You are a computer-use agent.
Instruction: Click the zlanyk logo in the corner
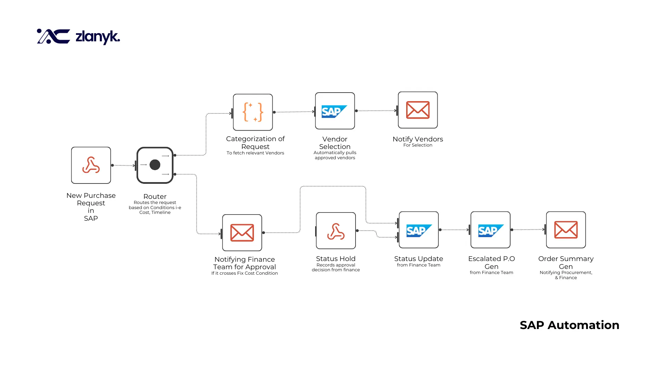point(78,37)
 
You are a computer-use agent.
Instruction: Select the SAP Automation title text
point(569,325)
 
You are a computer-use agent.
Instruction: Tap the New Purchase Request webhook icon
point(91,165)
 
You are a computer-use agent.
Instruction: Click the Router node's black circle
point(155,165)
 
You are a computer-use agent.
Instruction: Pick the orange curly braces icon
point(253,112)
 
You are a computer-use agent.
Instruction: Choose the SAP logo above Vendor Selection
point(334,111)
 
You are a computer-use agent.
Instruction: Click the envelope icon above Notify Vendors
point(417,110)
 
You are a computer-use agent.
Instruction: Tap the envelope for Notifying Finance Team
point(242,233)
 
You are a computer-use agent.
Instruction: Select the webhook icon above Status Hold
point(336,231)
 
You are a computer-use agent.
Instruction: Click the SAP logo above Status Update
point(418,231)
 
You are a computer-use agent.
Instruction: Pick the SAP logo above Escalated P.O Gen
point(490,231)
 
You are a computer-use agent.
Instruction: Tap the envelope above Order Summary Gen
point(566,230)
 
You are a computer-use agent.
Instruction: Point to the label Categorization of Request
point(255,142)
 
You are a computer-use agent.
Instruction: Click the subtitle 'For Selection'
point(417,145)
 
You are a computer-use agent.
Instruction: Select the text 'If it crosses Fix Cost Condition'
point(244,273)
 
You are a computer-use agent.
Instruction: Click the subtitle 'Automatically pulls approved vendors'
point(335,155)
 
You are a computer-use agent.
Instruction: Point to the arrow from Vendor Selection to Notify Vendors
point(376,111)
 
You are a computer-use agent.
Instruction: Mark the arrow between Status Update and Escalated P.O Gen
point(454,230)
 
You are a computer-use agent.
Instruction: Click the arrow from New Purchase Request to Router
point(124,165)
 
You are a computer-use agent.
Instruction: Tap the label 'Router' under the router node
point(155,196)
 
